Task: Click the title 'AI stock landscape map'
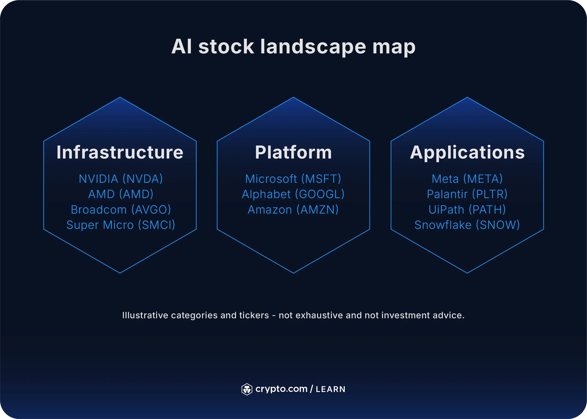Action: point(293,47)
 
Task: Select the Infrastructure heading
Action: point(120,152)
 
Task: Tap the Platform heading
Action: point(293,152)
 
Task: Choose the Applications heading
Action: point(467,152)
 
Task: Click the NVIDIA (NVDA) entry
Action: point(121,179)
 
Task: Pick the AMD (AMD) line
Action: point(121,194)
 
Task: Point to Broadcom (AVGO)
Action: point(121,209)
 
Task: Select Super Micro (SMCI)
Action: point(121,225)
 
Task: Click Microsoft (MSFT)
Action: point(293,179)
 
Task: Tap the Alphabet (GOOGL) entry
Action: point(293,194)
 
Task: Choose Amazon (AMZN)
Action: point(293,209)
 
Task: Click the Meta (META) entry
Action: point(467,179)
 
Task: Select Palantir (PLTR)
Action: point(467,194)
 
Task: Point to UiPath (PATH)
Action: point(467,209)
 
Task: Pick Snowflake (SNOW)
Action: point(467,225)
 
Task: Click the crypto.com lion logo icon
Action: point(247,389)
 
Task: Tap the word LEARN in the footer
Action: point(330,389)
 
